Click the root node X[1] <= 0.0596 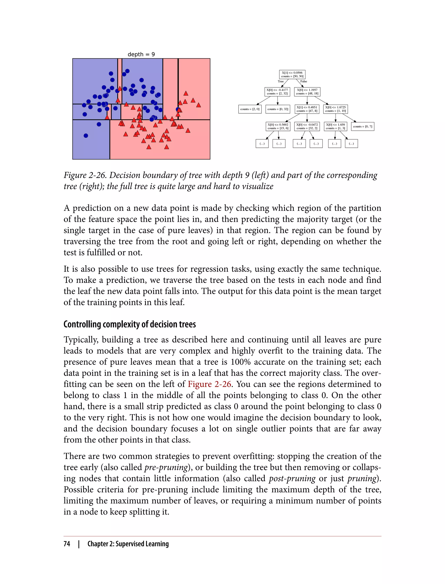coord(292,75)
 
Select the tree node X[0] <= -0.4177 coord(277,92)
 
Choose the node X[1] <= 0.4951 coord(307,109)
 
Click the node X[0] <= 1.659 coord(335,126)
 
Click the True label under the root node coord(281,81)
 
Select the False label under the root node coord(304,81)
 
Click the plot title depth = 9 coord(141,54)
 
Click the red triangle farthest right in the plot coord(198,105)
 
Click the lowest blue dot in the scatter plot coord(86,136)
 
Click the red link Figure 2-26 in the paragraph coord(209,384)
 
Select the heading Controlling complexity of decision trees coord(130,324)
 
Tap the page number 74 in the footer coord(67,544)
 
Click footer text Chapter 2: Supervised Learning coord(128,544)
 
